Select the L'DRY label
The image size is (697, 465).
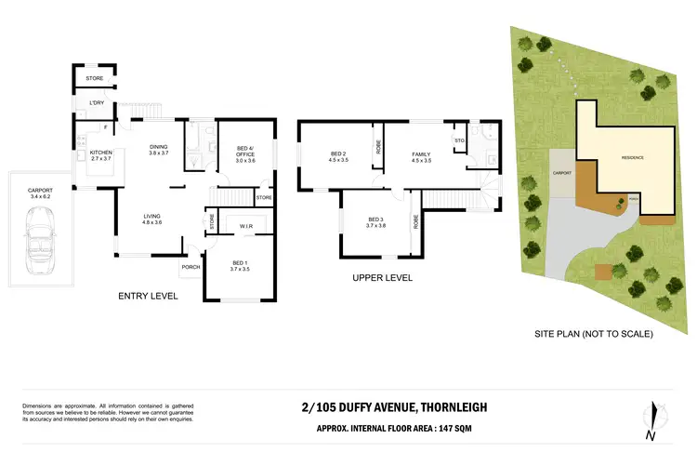(96, 102)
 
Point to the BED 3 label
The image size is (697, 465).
(375, 219)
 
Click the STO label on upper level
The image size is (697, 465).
(459, 140)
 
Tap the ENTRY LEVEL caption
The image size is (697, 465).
(147, 296)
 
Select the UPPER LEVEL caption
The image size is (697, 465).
(382, 278)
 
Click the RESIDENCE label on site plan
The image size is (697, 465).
(626, 158)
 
